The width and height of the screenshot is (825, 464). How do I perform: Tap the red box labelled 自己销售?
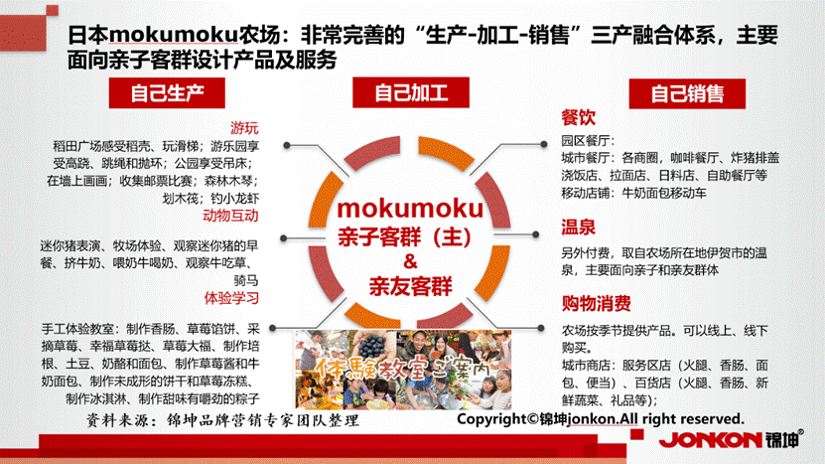coord(686,94)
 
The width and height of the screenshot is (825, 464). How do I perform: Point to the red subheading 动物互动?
coord(230,216)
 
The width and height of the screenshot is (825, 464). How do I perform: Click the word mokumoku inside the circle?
coord(410,210)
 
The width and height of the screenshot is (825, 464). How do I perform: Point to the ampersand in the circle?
coord(410,261)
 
